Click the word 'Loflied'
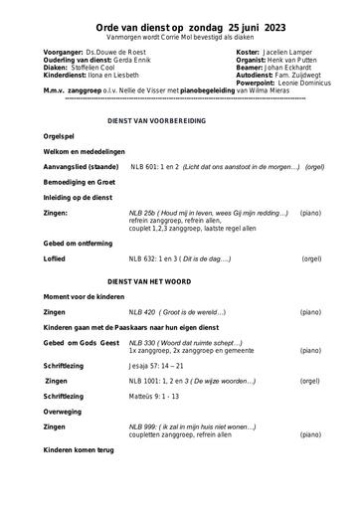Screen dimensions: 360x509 point(58,258)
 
